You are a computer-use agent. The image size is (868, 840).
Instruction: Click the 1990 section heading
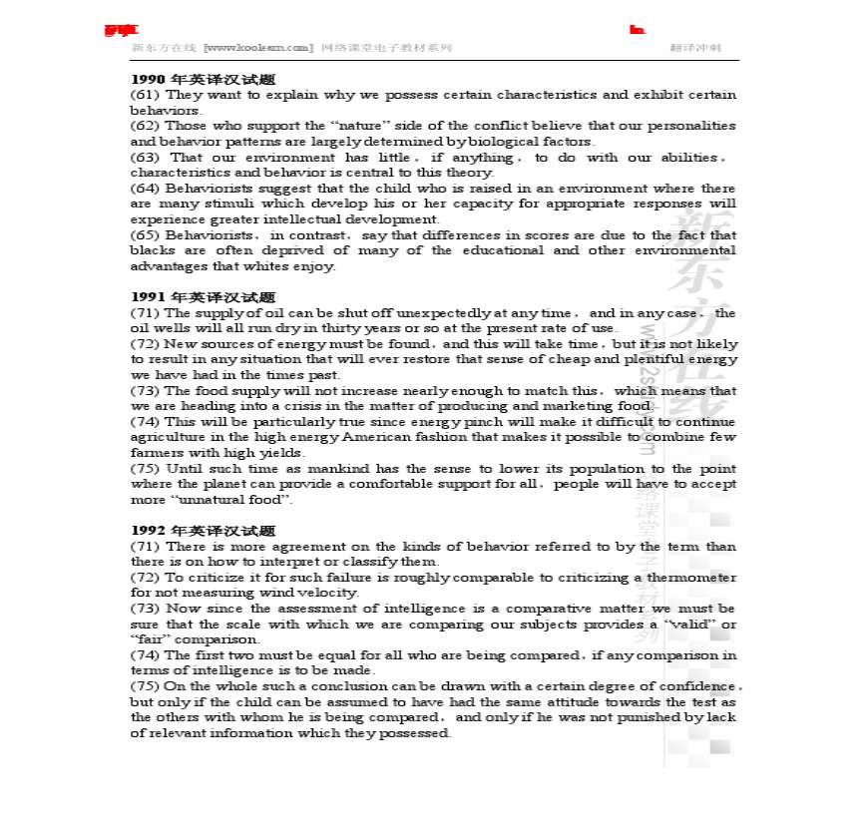203,79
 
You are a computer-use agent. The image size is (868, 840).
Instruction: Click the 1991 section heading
203,297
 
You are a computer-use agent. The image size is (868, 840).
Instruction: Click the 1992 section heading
203,531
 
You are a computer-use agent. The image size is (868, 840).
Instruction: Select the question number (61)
145,95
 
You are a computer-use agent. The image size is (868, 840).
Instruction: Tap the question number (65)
145,235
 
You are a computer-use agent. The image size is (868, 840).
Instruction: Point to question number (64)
145,189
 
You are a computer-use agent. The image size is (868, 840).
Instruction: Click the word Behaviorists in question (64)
200,189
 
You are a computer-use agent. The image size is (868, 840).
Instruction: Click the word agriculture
167,438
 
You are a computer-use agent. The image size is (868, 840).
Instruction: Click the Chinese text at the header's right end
695,47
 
